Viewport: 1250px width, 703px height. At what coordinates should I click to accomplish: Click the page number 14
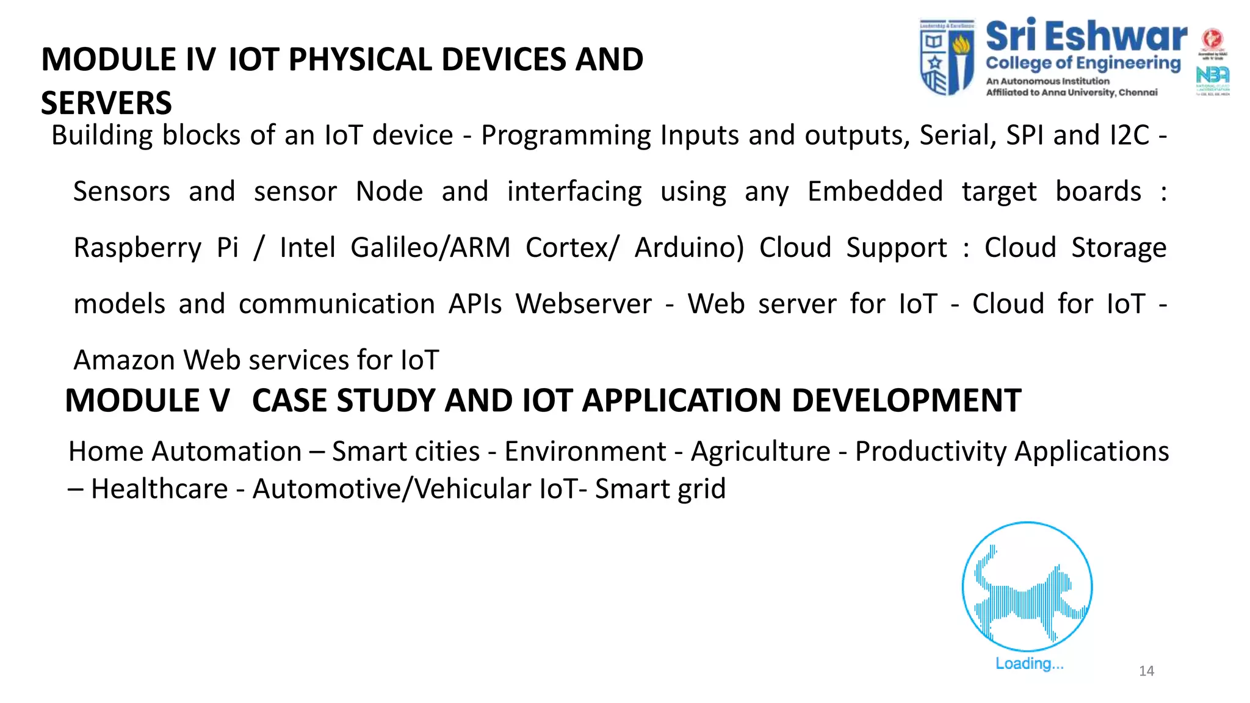[1146, 671]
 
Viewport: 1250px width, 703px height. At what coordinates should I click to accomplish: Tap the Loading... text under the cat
[1029, 663]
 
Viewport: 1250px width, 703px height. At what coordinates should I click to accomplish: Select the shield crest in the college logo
[947, 57]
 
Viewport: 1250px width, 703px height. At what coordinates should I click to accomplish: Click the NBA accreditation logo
[1212, 76]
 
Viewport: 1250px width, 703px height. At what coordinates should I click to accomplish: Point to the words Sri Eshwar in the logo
[1086, 37]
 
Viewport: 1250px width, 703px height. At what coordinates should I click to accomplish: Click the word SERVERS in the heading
[106, 103]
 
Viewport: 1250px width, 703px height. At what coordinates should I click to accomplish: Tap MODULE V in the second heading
[147, 401]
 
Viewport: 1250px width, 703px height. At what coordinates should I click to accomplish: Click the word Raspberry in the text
[137, 248]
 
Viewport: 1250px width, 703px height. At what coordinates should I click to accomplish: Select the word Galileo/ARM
[430, 248]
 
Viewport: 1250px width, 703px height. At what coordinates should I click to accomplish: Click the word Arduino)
[689, 248]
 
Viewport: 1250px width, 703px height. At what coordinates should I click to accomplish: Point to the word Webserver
[583, 304]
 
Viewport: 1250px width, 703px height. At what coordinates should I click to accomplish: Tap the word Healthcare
[159, 489]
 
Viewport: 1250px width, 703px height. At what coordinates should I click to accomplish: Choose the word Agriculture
[760, 452]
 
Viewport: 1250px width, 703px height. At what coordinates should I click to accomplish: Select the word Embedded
[875, 192]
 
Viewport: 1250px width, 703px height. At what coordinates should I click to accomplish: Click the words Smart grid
[660, 489]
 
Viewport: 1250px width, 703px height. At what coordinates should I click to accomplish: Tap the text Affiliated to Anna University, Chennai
[1071, 93]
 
